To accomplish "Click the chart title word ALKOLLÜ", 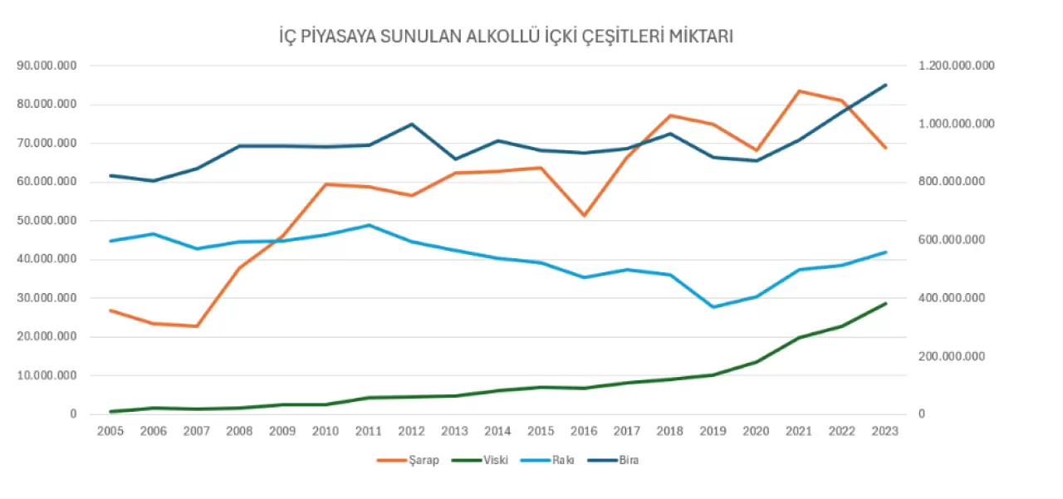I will (505, 37).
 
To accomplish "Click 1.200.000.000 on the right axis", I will (954, 66).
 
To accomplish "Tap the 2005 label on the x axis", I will (110, 432).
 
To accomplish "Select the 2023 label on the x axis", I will (886, 432).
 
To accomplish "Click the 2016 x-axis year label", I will (585, 432).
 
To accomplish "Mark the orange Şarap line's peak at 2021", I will (799, 91).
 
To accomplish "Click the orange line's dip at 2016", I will (584, 216).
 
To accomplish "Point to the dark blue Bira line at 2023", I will (886, 85).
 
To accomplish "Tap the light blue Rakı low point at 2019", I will (713, 307).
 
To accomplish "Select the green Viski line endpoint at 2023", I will (886, 303).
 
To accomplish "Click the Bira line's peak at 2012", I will (411, 125).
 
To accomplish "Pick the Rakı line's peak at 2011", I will (368, 225).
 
